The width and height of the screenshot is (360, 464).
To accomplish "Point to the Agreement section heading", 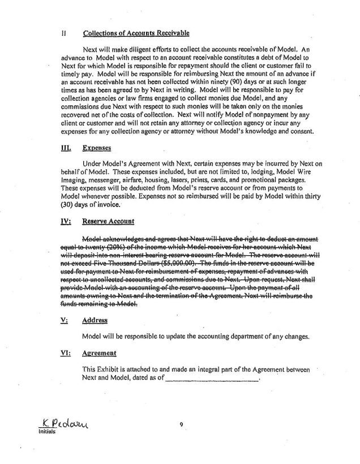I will [x=99, y=353].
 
